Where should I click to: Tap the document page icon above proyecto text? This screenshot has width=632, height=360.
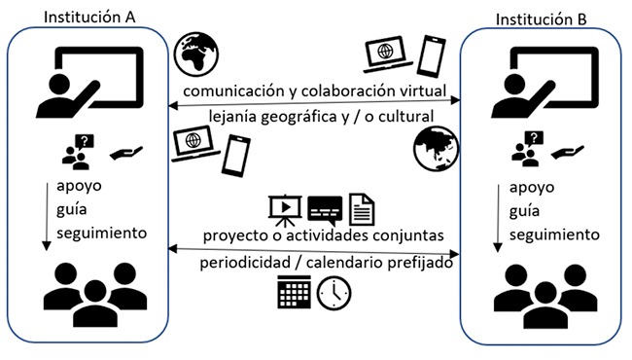click(360, 207)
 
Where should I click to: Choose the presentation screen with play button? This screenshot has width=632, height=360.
click(283, 207)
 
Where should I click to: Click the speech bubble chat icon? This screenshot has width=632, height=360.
click(323, 208)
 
